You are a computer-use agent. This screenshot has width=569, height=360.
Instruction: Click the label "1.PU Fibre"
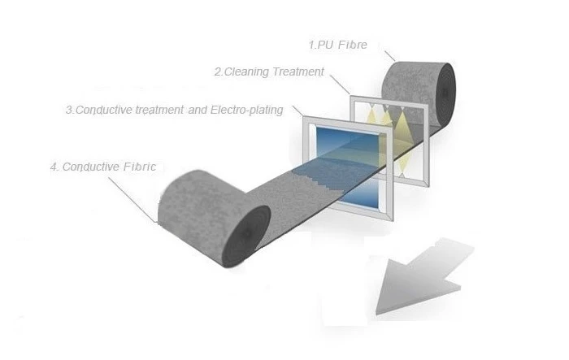(338, 45)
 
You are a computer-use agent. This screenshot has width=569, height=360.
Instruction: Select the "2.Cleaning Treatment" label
(269, 72)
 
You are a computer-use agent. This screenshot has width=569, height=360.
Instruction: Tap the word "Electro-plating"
(247, 110)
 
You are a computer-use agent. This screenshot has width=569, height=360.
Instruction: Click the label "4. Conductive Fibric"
(103, 167)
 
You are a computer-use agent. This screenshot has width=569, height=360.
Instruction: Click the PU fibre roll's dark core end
(444, 93)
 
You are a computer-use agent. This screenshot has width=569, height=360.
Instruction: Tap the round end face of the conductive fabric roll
(246, 236)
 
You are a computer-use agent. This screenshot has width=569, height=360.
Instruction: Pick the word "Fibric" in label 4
(140, 167)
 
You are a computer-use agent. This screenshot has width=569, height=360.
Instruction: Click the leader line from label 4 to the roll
(132, 200)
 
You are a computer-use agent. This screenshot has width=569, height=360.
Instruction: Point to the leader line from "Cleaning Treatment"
(340, 85)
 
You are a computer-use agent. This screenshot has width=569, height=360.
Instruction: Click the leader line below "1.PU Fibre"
(389, 55)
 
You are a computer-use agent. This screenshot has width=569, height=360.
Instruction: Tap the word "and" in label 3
(198, 110)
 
